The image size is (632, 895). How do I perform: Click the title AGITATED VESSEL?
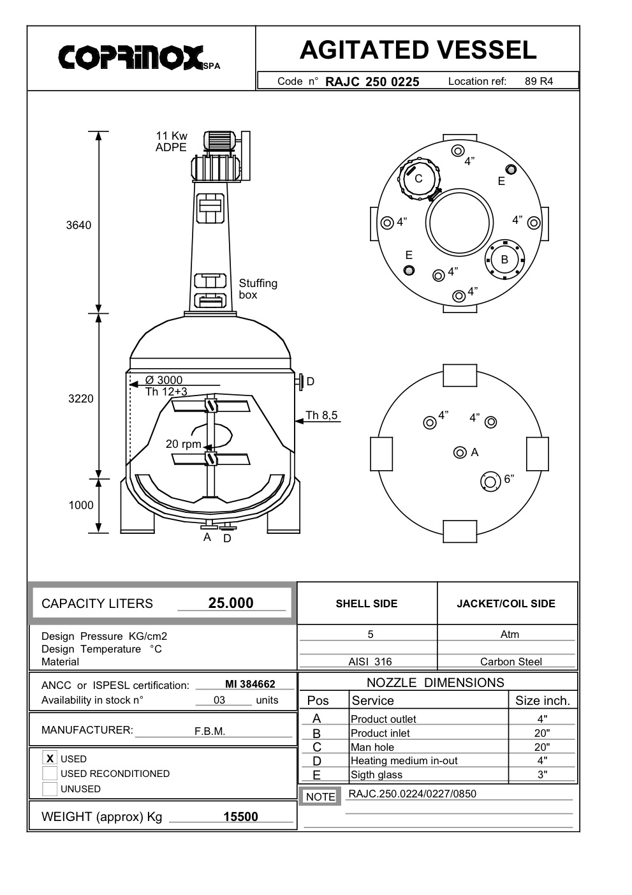(x=418, y=50)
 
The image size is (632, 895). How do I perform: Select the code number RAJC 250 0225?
(x=372, y=82)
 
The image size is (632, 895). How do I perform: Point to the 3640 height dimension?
(x=78, y=225)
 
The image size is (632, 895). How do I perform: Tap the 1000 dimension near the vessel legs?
(x=81, y=505)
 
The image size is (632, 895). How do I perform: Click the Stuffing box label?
(x=258, y=289)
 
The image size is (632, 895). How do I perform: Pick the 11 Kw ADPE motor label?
(x=172, y=142)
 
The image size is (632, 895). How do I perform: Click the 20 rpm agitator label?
(x=183, y=444)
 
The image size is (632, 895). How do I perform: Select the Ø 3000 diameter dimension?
(x=164, y=380)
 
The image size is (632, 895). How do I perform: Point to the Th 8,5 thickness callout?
(x=321, y=416)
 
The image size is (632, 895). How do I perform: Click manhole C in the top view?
(x=418, y=179)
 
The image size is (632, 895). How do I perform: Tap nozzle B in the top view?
(x=504, y=260)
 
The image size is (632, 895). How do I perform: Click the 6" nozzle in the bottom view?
(x=490, y=482)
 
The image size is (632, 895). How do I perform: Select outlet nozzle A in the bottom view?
(x=460, y=452)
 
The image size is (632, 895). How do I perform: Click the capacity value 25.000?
(x=231, y=603)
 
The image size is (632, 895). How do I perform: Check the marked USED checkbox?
(x=50, y=758)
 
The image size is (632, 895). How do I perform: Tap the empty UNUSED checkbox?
(x=50, y=789)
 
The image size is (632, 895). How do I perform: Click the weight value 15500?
(x=240, y=817)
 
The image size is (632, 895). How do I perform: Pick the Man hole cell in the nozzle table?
(x=372, y=747)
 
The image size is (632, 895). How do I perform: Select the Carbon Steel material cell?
(x=510, y=662)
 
